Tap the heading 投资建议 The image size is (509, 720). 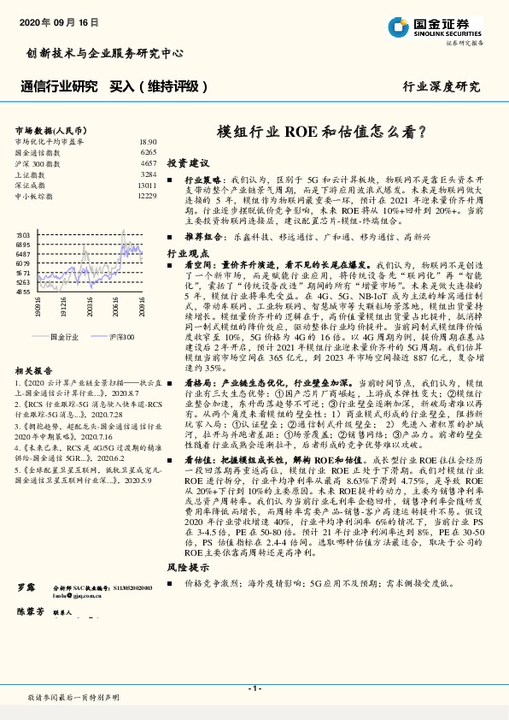[x=187, y=162]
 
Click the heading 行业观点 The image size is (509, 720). [x=187, y=254]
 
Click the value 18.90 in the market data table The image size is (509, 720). [x=148, y=142]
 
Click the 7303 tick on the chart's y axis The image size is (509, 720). [x=23, y=233]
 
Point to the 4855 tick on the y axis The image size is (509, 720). [x=23, y=292]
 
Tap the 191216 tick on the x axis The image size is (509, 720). [x=65, y=307]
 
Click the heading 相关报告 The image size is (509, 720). [x=34, y=370]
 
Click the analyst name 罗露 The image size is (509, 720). [x=26, y=590]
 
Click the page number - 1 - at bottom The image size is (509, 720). [x=254, y=688]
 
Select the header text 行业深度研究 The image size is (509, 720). [x=442, y=86]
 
